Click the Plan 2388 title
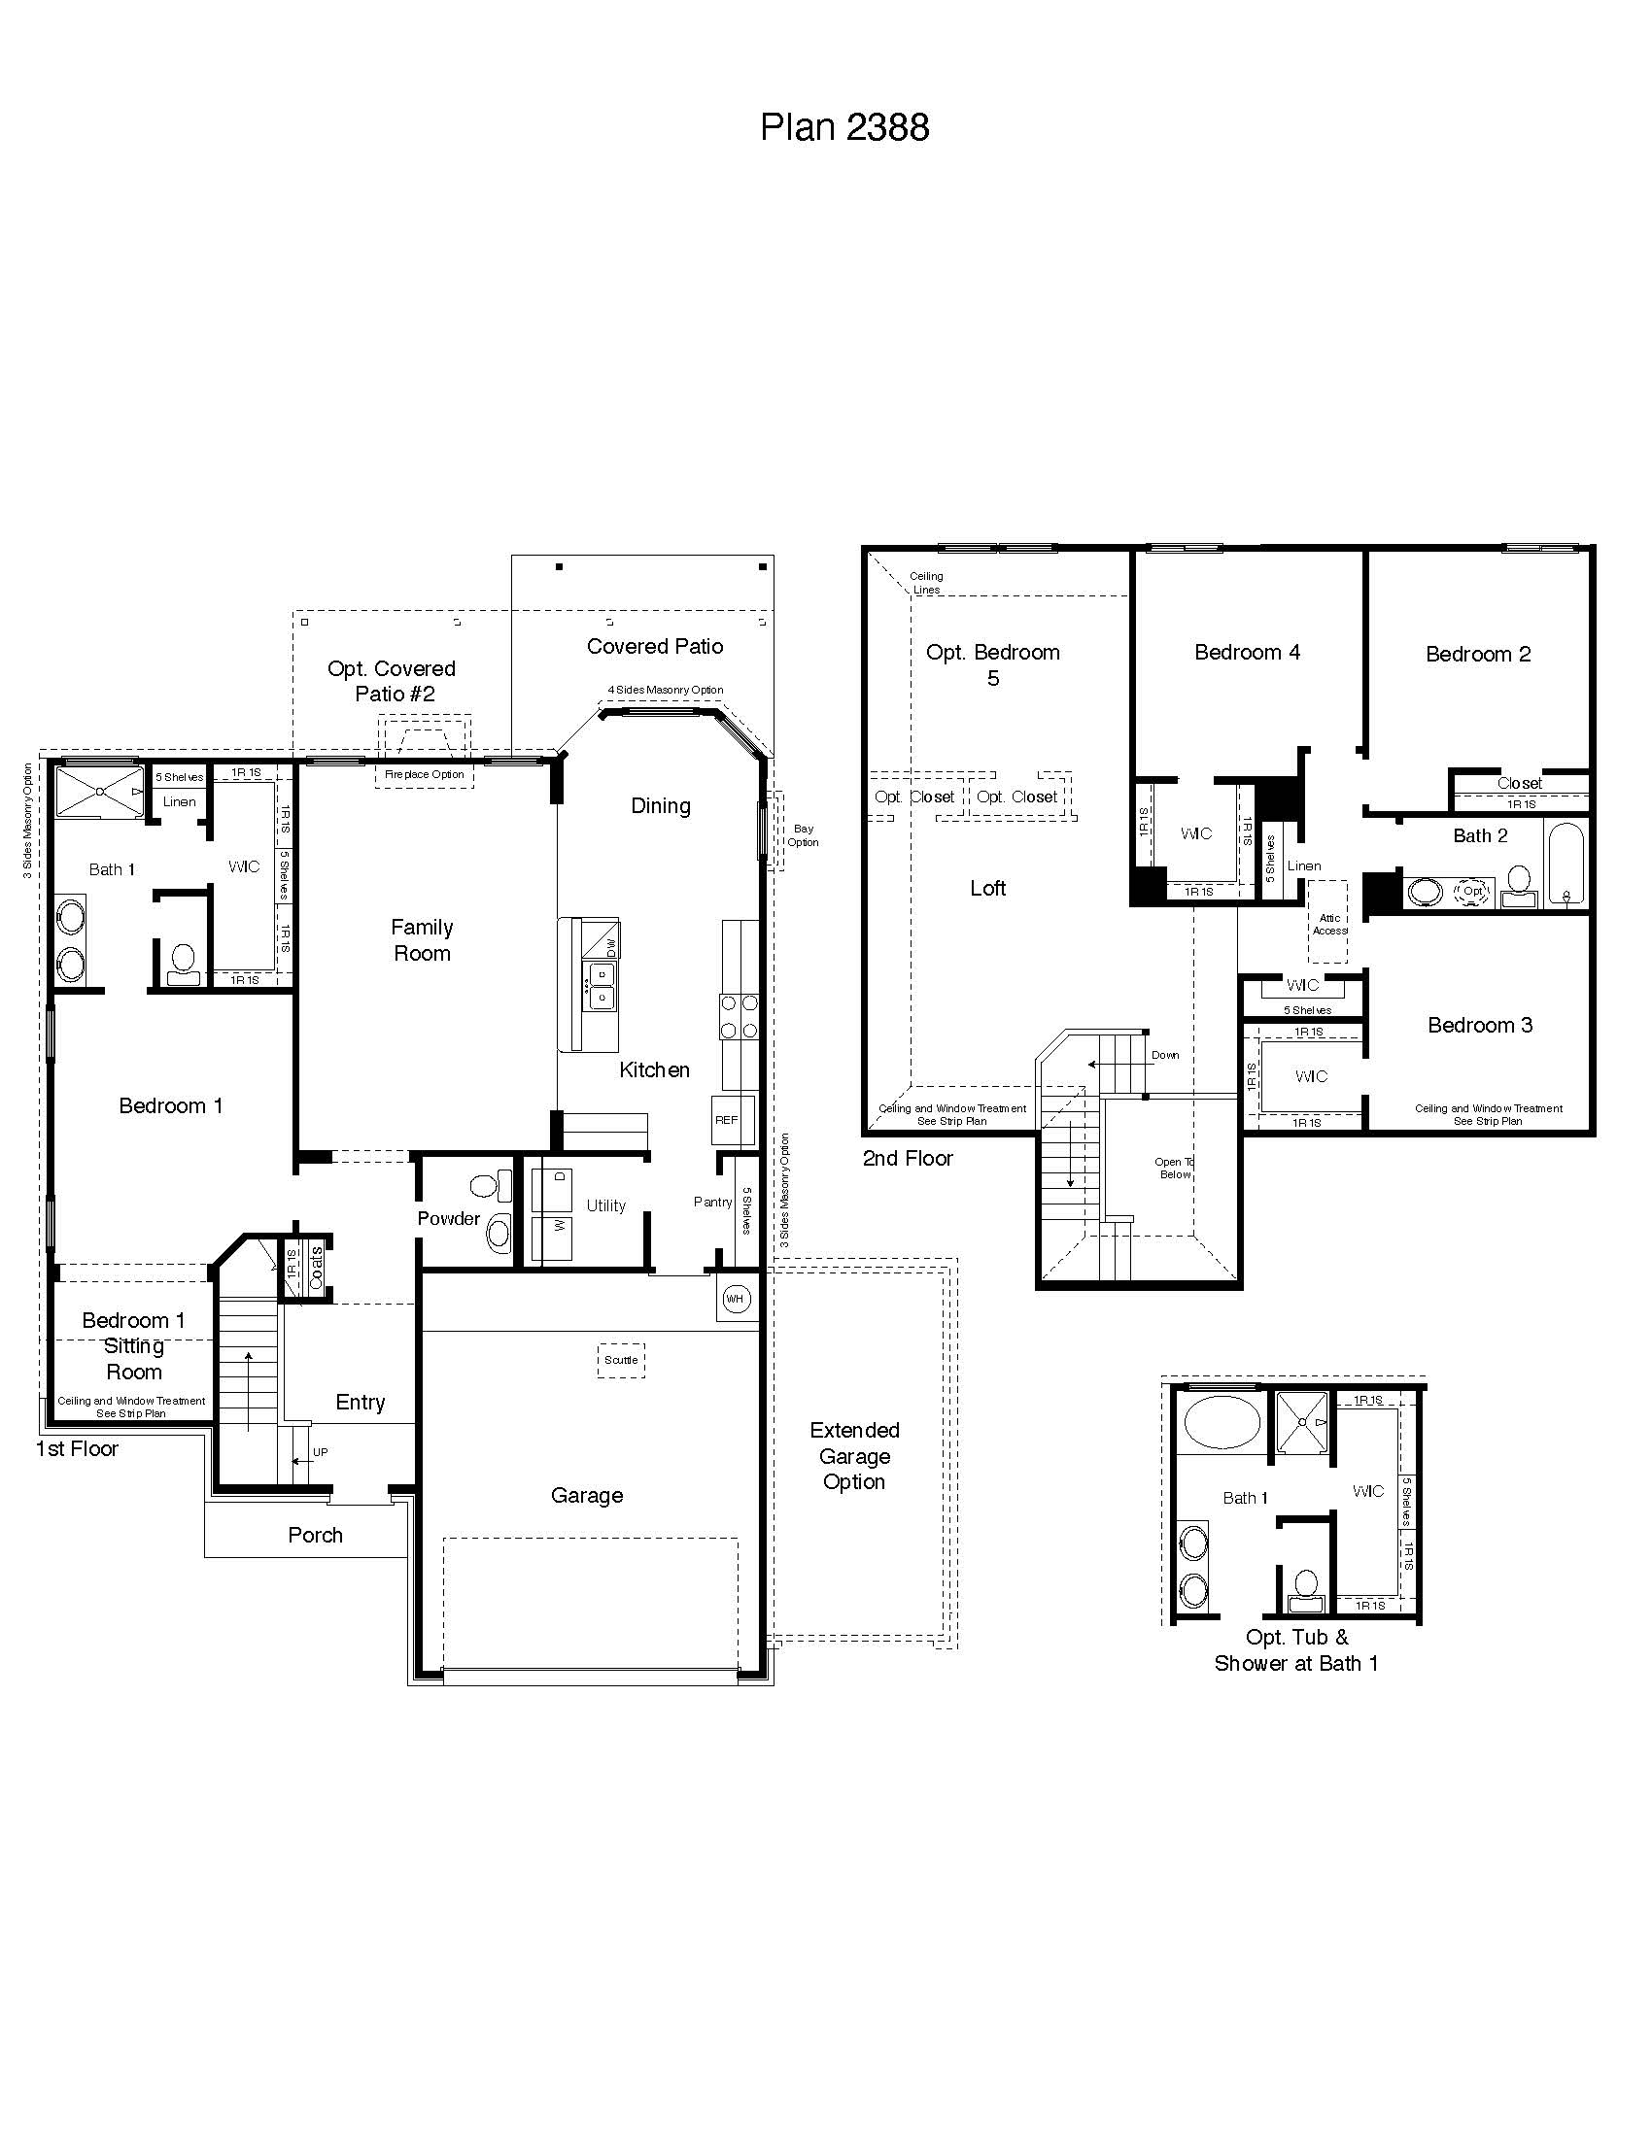point(843,127)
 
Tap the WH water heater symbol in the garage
point(735,1299)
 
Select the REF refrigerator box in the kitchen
point(726,1120)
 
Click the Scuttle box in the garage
point(621,1360)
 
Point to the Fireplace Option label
point(424,774)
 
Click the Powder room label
point(448,1218)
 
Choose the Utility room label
point(605,1205)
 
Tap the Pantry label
point(712,1202)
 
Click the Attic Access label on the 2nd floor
point(1329,924)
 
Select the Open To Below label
point(1175,1169)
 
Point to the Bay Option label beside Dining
point(803,834)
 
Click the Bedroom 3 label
point(1480,1025)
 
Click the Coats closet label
point(316,1267)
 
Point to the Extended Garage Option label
point(854,1456)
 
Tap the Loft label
point(987,888)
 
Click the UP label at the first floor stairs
point(320,1452)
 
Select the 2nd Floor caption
point(908,1159)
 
